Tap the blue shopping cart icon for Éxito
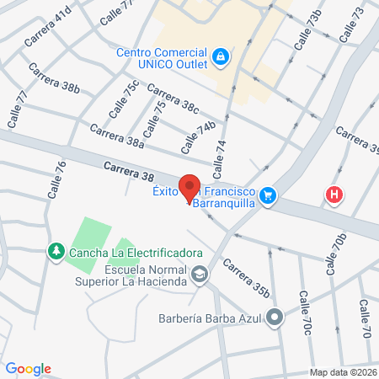click(268, 195)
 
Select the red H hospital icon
click(335, 195)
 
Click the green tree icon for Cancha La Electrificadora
click(56, 251)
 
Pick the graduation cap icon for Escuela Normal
click(200, 274)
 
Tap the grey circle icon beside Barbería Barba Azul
click(275, 318)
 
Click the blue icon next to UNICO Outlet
click(220, 56)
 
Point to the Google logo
click(28, 369)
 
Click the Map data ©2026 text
click(343, 372)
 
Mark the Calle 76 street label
click(56, 179)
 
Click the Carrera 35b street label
click(245, 278)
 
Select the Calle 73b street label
click(307, 29)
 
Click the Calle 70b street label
click(334, 255)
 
